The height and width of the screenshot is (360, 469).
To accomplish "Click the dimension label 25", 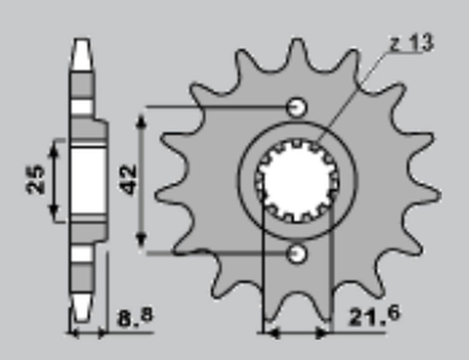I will click(36, 180).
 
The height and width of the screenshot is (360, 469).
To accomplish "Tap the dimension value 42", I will click(129, 180).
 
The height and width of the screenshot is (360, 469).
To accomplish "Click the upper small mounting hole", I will click(297, 107).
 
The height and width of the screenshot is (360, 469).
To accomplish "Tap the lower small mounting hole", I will click(297, 254).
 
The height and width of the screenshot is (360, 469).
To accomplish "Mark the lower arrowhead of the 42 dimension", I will click(142, 241).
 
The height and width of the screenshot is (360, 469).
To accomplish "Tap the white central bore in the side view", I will click(88, 180).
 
